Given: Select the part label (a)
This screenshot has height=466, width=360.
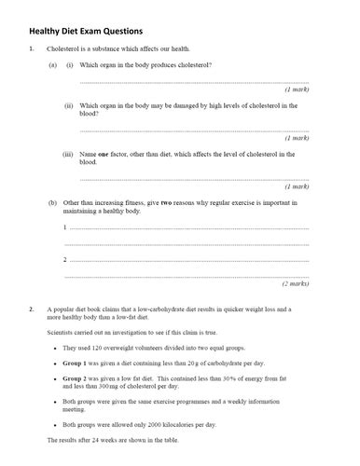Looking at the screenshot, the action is coord(52,64).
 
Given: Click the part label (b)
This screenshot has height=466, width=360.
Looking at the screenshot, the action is coord(52,201).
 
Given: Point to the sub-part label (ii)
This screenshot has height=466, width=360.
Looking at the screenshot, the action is coord(69,105).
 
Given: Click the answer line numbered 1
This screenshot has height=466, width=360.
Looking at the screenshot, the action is coord(187,228).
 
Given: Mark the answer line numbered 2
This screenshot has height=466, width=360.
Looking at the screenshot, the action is coord(187,259).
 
